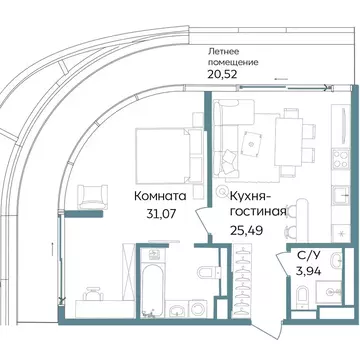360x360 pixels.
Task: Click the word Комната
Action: pos(159,196)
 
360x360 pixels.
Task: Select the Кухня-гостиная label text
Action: pos(258,204)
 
